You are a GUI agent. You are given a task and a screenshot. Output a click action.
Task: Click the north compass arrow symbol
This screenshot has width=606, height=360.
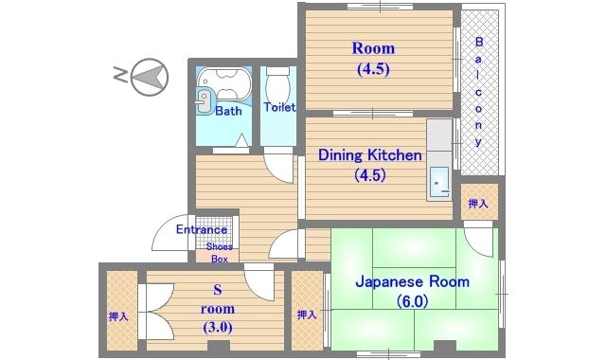point(150,77)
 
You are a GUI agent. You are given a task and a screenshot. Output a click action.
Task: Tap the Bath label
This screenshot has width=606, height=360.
point(228,111)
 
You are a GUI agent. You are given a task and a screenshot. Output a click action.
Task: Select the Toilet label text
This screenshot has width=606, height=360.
point(279,107)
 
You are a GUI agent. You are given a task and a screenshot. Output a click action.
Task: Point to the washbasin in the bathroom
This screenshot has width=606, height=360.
point(205,101)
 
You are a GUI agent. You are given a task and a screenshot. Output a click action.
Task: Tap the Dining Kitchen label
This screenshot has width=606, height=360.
point(370,155)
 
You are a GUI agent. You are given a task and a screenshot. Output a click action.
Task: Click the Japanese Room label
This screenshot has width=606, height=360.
point(413,281)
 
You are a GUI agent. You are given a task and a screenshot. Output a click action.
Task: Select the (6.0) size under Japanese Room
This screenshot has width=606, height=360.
point(413,301)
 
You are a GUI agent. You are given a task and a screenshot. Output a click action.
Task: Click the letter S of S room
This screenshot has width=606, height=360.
point(218,289)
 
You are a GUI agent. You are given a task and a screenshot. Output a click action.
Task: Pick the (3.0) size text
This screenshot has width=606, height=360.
point(218,327)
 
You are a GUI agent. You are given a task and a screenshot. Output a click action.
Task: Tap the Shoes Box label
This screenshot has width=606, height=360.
point(219,253)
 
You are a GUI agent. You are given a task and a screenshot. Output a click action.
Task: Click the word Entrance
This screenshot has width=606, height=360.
point(202,229)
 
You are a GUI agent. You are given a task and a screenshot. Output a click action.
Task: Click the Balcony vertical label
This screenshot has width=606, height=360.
point(479,91)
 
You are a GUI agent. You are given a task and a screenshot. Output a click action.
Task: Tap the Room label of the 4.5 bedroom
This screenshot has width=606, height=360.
point(373,48)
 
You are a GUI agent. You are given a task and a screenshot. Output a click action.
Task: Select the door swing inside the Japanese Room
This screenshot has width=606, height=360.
point(477,242)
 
